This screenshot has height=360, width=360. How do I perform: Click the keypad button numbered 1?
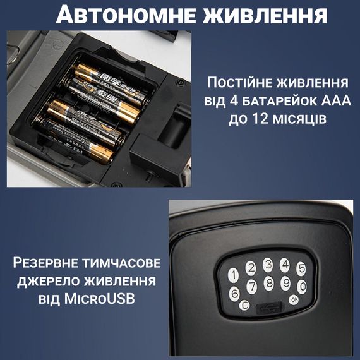coord(234,275)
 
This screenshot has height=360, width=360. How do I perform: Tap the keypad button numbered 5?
coord(301,268)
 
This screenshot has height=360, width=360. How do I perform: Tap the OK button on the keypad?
coord(294,299)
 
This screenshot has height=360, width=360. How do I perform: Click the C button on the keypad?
coord(244,305)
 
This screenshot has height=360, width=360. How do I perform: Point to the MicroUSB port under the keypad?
coord(269,308)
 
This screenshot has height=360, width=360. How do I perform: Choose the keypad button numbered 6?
coord(234,294)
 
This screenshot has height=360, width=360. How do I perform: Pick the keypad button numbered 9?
coord(286,283)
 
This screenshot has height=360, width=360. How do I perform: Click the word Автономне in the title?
coord(126,15)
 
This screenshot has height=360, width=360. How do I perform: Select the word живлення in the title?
coord(265,15)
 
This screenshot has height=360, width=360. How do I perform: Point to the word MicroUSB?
coord(99,299)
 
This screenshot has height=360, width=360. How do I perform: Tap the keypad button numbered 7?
coord(251,287)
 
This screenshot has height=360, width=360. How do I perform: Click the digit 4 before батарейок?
coord(234,100)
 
